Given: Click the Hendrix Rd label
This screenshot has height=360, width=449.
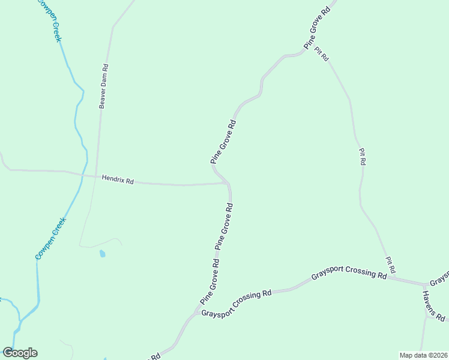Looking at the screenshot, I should click(118, 179).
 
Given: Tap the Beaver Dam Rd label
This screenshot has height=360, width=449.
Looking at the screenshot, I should click(103, 86).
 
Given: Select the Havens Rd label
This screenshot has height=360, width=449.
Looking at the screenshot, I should click(433, 305).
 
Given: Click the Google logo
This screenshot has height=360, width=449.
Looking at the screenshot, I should click(20, 353).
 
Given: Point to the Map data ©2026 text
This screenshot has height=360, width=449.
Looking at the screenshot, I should click(424, 355).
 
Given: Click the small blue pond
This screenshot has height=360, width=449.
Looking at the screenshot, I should click(102, 254).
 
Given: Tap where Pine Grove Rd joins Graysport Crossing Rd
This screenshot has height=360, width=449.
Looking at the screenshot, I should click(195, 313).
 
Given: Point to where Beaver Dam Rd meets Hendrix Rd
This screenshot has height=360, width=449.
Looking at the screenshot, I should click(96, 176).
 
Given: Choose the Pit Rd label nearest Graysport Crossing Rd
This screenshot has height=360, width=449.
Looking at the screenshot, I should click(390, 265).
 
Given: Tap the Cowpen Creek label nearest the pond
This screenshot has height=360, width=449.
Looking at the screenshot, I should click(51, 238).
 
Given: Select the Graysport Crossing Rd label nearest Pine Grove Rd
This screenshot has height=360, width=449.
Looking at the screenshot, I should click(237, 304).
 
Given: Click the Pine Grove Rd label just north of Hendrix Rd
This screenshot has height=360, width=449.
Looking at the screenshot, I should click(223, 142).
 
